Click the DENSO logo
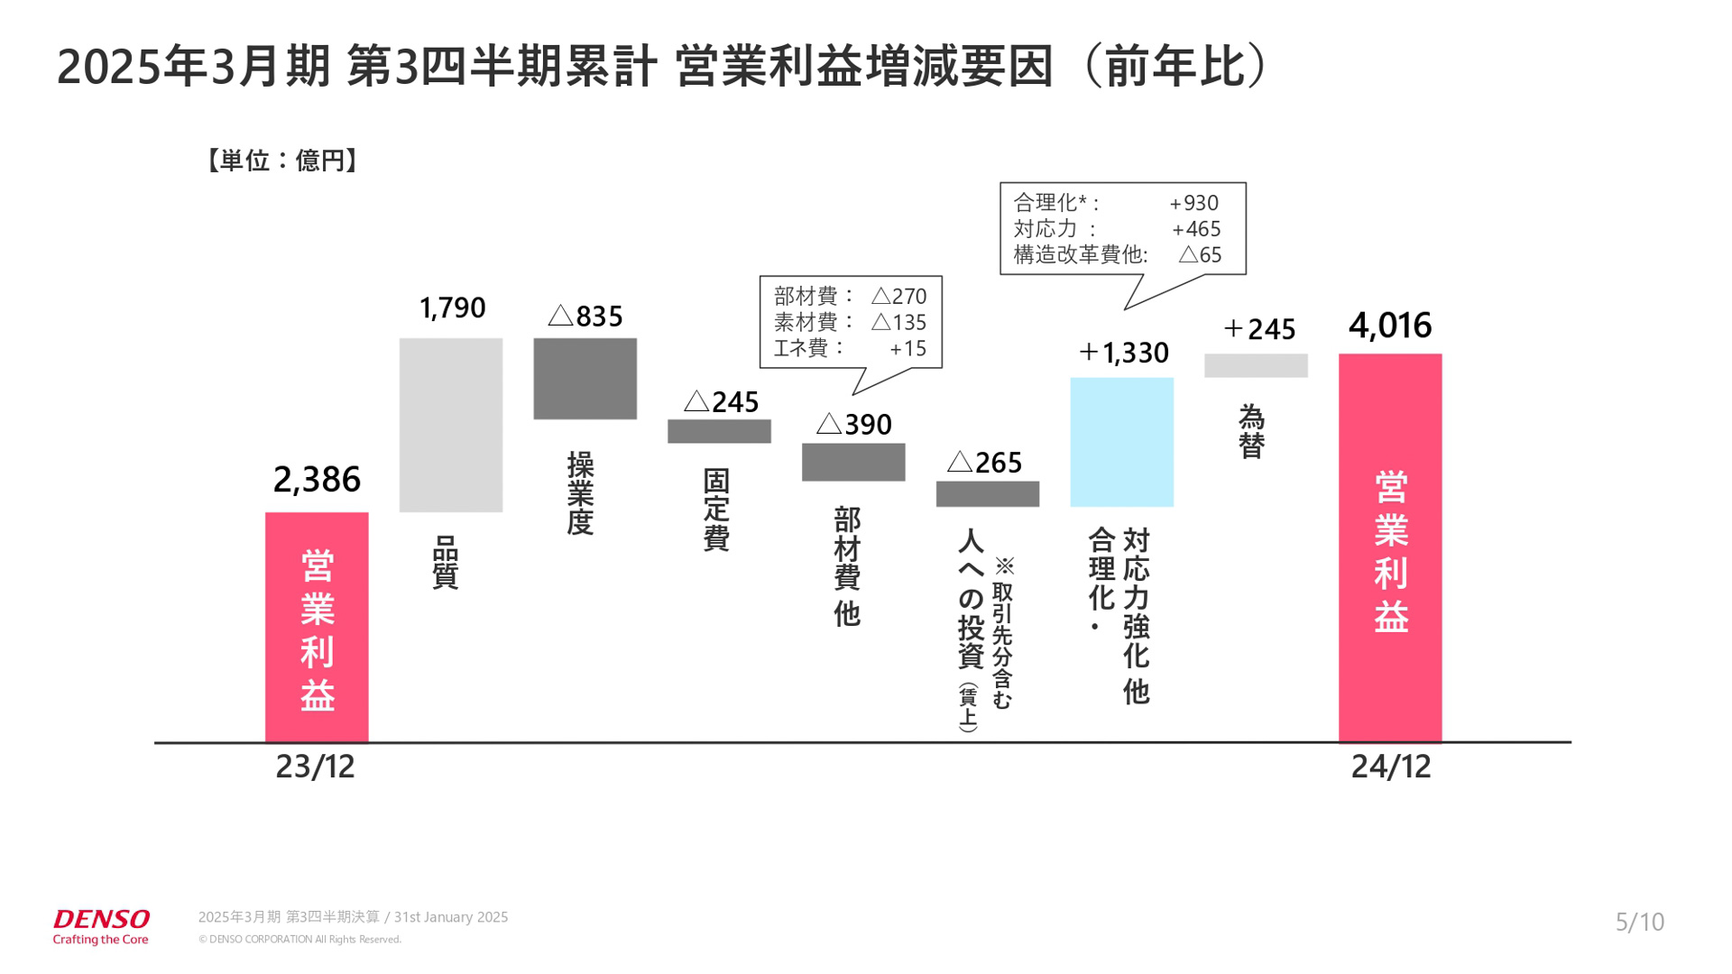[101, 920]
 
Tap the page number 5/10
[1639, 922]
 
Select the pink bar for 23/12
[317, 627]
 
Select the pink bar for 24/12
[1389, 547]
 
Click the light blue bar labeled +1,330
[1121, 442]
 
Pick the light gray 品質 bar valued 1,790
[451, 425]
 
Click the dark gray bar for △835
[585, 379]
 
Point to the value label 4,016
[1389, 326]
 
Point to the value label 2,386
[317, 480]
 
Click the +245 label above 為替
[1259, 329]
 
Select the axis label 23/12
[315, 767]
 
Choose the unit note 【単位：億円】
[282, 161]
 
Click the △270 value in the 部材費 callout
[898, 296]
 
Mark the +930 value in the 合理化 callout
[1193, 204]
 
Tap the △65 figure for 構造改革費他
[1200, 255]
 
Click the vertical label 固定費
[716, 510]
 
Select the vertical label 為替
[1251, 432]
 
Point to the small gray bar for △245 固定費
[719, 431]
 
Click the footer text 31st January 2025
[451, 917]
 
